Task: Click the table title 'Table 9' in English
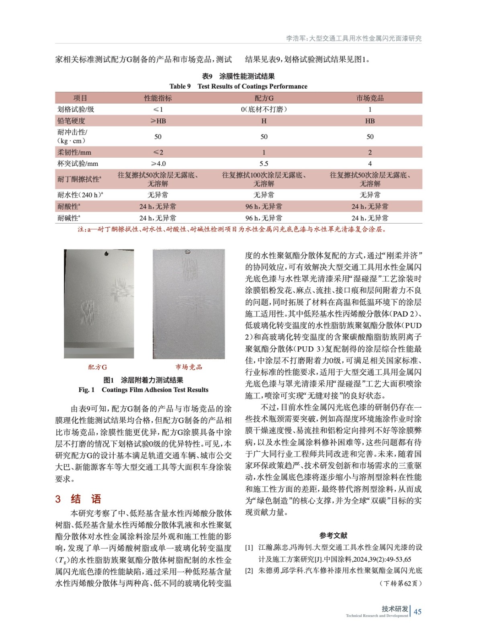[x=238, y=86]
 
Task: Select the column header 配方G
[x=264, y=98]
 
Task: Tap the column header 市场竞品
[x=370, y=98]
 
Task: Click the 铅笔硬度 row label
[x=71, y=121]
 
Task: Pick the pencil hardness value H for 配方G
[x=264, y=121]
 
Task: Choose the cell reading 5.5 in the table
[x=264, y=164]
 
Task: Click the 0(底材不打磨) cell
[x=264, y=109]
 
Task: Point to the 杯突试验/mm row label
[x=78, y=164]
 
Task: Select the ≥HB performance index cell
[x=158, y=121]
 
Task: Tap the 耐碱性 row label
[x=68, y=218]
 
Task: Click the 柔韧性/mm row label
[x=74, y=152]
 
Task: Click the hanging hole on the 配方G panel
[x=106, y=253]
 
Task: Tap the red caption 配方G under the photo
[x=98, y=367]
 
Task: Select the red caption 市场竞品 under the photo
[x=188, y=367]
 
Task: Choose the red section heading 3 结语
[x=78, y=499]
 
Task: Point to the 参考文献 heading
[x=333, y=535]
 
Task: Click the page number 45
[x=418, y=612]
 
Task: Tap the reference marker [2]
[x=249, y=571]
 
